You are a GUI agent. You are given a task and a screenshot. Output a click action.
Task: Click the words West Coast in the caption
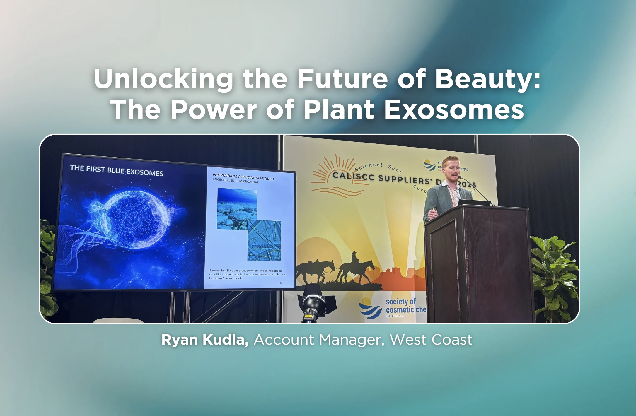[x=431, y=340]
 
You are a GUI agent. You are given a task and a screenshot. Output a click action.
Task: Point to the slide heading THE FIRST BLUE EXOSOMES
[x=116, y=170]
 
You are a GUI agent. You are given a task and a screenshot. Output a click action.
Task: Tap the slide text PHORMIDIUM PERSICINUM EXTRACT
[x=243, y=177]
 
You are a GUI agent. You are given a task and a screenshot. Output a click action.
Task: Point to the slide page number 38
[x=281, y=283]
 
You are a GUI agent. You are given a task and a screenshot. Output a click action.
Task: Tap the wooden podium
[x=478, y=263]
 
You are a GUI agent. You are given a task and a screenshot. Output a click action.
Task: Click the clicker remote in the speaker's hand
[x=435, y=208]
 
